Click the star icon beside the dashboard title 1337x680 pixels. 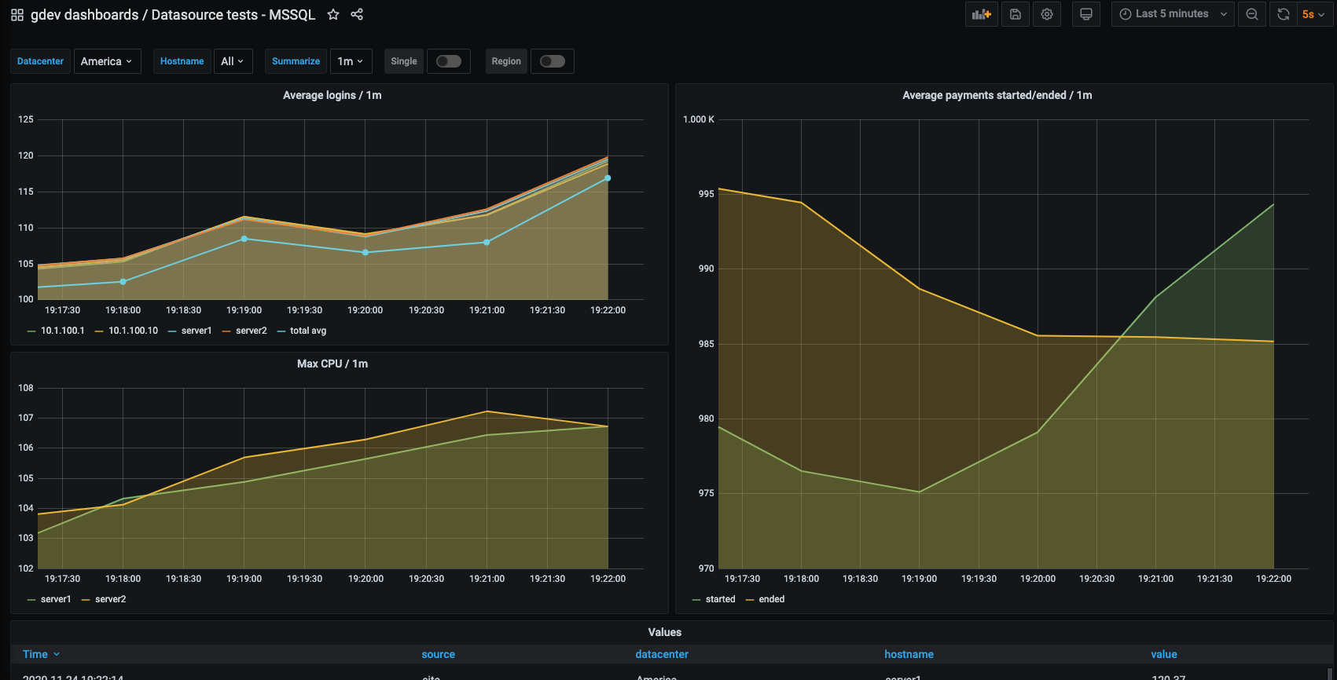click(333, 14)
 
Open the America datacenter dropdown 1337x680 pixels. click(107, 61)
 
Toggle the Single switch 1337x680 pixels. click(449, 61)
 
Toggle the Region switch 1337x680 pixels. click(552, 61)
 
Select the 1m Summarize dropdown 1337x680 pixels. click(350, 61)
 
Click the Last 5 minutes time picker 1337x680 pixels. click(1172, 14)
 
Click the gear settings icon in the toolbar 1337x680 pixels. click(1047, 14)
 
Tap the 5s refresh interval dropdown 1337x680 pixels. click(1313, 14)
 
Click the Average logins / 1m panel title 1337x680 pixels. click(332, 95)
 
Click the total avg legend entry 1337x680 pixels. click(307, 331)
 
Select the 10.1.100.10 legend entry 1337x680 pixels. click(133, 331)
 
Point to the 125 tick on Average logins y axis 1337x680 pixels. click(26, 119)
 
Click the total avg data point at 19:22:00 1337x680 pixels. click(608, 178)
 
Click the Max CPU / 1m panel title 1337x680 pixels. click(332, 364)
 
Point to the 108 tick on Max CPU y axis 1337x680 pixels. click(26, 388)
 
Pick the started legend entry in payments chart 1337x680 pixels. click(720, 599)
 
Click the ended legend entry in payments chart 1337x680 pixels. click(771, 599)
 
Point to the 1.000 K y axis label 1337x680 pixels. click(698, 119)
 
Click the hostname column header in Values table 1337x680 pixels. click(909, 654)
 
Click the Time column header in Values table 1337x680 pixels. click(35, 654)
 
